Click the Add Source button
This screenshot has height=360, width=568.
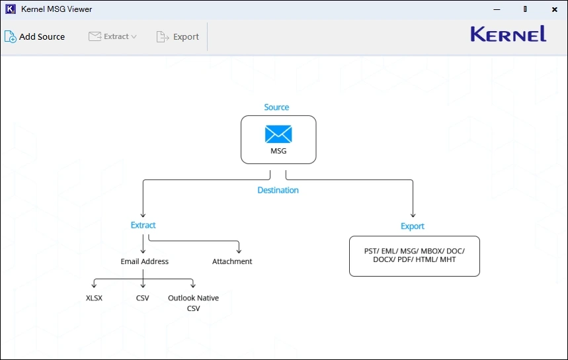(x=35, y=37)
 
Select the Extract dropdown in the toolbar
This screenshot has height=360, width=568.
(x=112, y=37)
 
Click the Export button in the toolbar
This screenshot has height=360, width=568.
(x=178, y=37)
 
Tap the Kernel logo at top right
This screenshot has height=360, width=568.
(x=508, y=34)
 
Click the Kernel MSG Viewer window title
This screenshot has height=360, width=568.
(x=57, y=9)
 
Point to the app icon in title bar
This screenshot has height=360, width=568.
(x=10, y=9)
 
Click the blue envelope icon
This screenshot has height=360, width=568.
(x=278, y=134)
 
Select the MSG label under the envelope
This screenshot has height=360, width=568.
(x=278, y=152)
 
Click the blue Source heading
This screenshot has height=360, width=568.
(x=276, y=107)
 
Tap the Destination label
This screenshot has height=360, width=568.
(x=278, y=191)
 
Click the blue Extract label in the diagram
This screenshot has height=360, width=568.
(x=143, y=226)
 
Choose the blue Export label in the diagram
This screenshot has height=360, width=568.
(x=413, y=226)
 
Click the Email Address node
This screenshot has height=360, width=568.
(x=144, y=262)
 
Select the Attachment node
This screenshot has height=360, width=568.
(x=232, y=262)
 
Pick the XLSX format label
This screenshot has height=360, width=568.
(x=94, y=298)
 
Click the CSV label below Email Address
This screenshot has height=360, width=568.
(x=143, y=298)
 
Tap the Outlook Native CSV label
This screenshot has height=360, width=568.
(x=193, y=303)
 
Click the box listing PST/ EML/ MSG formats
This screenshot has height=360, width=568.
(x=414, y=256)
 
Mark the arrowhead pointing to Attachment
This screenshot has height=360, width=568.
(x=239, y=250)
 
